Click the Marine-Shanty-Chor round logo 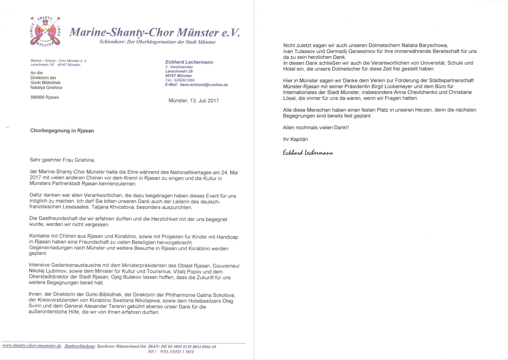[x=45, y=31]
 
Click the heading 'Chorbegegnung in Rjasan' [x=62, y=131]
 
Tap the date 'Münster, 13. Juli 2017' [x=194, y=101]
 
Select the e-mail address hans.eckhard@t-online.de [x=204, y=85]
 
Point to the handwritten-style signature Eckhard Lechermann [x=308, y=153]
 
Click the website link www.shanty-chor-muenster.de [x=32, y=346]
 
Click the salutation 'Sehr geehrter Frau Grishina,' [x=62, y=160]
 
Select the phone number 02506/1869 [x=184, y=80]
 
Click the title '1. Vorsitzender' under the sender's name [x=179, y=67]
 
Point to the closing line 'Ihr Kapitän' [x=295, y=139]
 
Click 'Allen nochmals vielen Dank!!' [x=316, y=128]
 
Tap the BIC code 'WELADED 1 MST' [x=177, y=352]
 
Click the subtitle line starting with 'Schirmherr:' [x=157, y=42]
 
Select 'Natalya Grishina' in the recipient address [x=46, y=88]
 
